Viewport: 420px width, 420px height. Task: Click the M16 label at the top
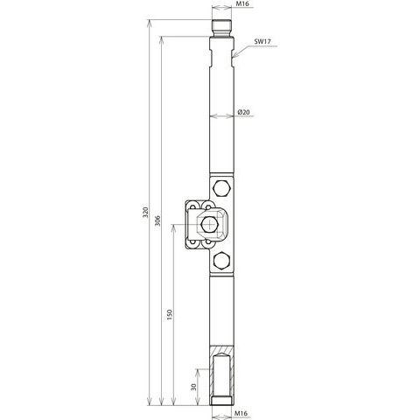point(241,3)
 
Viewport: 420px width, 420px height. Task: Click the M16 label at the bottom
point(241,413)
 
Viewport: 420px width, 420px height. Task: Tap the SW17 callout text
point(262,41)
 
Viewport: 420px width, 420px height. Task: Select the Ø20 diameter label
point(243,112)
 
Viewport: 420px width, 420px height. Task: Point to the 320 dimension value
point(146,212)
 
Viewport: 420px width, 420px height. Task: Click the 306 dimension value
point(157,220)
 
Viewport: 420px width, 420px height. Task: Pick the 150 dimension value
point(170,315)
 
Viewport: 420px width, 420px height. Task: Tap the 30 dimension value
point(193,387)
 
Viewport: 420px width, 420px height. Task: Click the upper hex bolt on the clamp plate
point(222,188)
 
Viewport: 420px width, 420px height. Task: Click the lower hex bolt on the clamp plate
point(222,260)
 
